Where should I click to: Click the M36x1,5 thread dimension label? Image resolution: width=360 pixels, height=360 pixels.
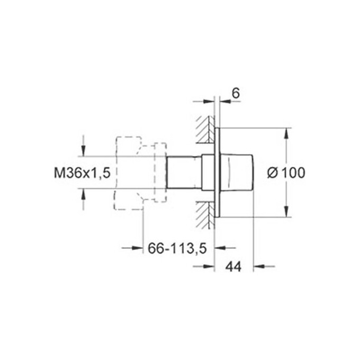[82, 173]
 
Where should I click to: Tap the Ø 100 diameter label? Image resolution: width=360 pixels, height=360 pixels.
[286, 173]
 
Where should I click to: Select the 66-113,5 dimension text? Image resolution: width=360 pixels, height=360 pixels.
[177, 248]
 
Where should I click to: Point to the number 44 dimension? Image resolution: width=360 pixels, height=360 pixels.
[233, 267]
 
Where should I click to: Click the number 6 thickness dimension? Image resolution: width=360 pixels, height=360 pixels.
[236, 93]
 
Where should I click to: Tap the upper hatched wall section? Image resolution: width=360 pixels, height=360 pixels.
[205, 130]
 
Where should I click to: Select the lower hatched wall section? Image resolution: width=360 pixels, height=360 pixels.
[205, 215]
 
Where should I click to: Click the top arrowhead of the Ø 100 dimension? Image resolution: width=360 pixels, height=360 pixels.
[286, 133]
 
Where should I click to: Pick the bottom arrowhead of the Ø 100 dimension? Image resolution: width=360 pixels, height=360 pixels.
[286, 211]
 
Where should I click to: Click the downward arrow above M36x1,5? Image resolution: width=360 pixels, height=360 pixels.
[83, 151]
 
